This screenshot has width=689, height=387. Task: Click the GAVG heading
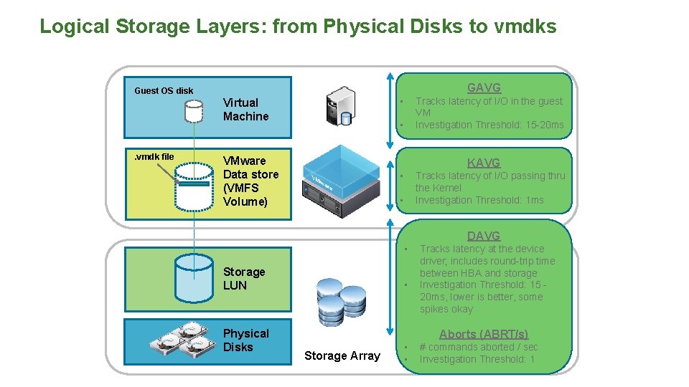484,87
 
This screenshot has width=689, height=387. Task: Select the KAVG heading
484,163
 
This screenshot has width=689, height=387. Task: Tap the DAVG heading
484,236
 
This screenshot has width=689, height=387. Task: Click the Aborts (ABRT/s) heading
483,334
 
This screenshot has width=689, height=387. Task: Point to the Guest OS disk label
164,91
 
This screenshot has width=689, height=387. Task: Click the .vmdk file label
154,157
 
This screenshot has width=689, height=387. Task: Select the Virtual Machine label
245,110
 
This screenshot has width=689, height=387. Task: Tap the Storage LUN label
244,279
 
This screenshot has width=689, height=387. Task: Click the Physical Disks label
245,340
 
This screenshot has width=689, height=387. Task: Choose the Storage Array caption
342,355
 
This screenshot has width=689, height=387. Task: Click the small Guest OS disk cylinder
194,111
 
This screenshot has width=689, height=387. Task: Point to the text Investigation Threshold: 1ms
479,200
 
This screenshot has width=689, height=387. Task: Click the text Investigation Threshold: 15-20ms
489,125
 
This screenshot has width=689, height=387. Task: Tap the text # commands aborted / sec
478,347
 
